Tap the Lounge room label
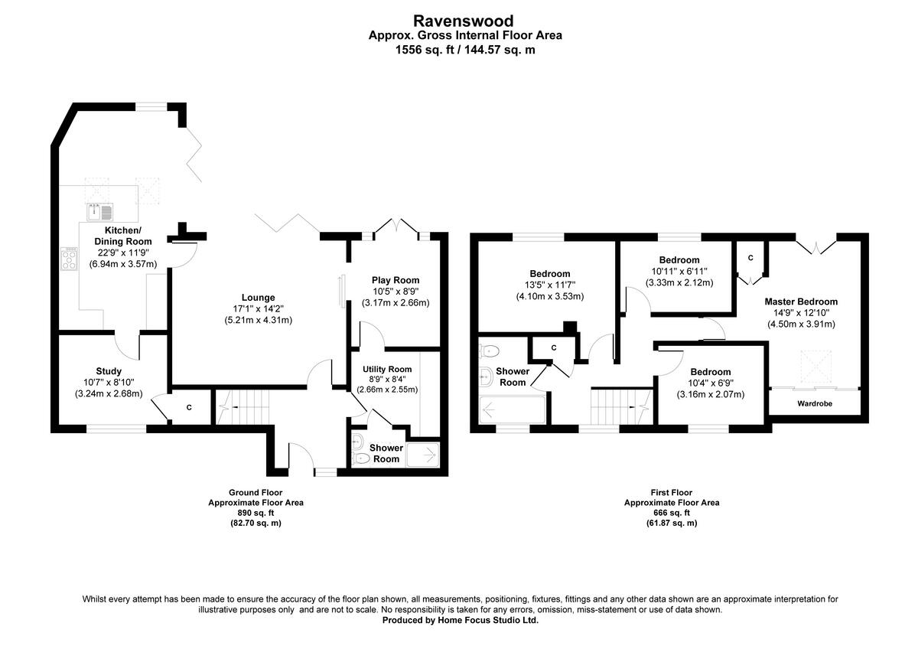point(258,298)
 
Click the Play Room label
point(396,280)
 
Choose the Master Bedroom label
point(801,302)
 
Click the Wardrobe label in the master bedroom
point(815,403)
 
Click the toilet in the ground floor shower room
point(362,458)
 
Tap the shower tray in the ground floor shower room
point(423,455)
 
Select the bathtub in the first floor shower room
point(512,411)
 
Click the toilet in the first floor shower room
point(490,351)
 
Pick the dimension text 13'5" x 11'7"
point(549,285)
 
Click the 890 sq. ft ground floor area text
point(256,513)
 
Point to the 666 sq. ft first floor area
point(671,513)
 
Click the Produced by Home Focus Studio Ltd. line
point(461,621)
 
